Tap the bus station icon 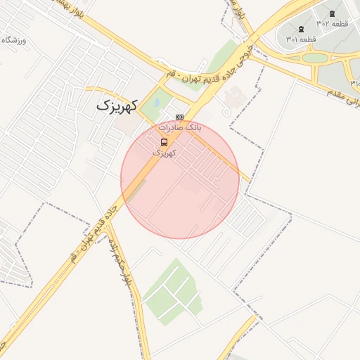click(x=165, y=141)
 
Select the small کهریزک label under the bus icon click(x=164, y=152)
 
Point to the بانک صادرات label click(x=179, y=128)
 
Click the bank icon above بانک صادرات click(x=179, y=117)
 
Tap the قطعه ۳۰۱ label click(x=301, y=39)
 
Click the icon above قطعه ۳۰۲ click(x=332, y=13)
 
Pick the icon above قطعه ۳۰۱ click(x=302, y=29)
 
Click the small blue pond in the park click(x=156, y=103)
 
